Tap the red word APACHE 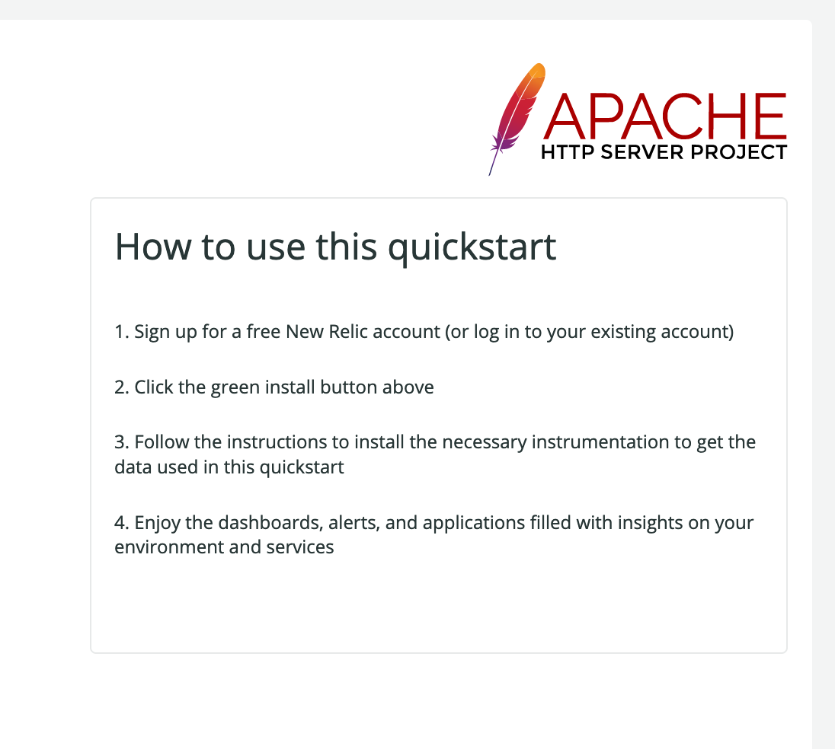(x=665, y=116)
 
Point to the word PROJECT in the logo (x=740, y=152)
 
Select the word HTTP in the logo (x=567, y=152)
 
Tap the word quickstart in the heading (x=472, y=247)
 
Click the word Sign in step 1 (x=152, y=332)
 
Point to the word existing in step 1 (x=625, y=332)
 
